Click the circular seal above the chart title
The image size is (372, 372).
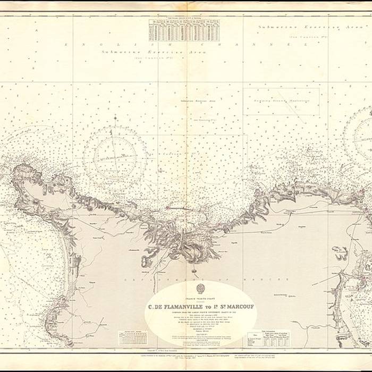(x=201, y=289)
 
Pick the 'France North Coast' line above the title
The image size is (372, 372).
(x=201, y=299)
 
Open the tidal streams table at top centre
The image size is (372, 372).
(x=184, y=27)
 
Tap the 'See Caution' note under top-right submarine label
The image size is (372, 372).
(x=307, y=37)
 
